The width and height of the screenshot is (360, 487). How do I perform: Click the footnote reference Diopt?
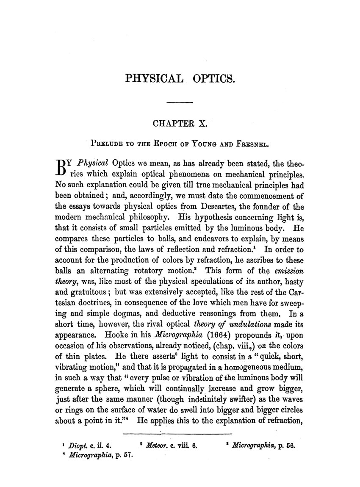(x=78, y=445)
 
